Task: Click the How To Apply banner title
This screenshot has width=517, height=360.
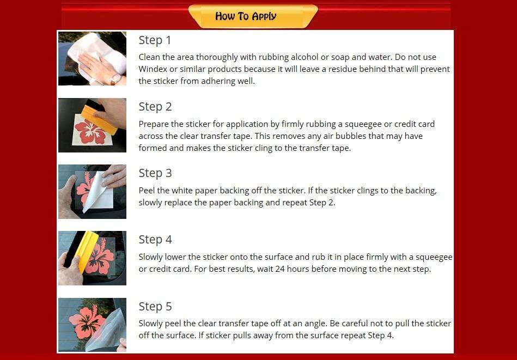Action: click(246, 16)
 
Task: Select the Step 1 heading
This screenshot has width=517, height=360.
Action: click(155, 40)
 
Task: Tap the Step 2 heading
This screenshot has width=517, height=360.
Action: click(155, 107)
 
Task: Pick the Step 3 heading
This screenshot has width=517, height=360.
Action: click(155, 173)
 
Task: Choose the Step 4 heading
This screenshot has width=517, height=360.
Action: click(155, 240)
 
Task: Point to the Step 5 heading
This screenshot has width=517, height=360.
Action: click(155, 306)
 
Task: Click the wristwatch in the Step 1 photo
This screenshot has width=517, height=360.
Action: click(116, 79)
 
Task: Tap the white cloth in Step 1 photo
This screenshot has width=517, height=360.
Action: click(99, 53)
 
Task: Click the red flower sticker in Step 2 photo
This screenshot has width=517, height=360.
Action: click(90, 132)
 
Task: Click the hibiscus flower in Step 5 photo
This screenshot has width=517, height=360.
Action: click(87, 321)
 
